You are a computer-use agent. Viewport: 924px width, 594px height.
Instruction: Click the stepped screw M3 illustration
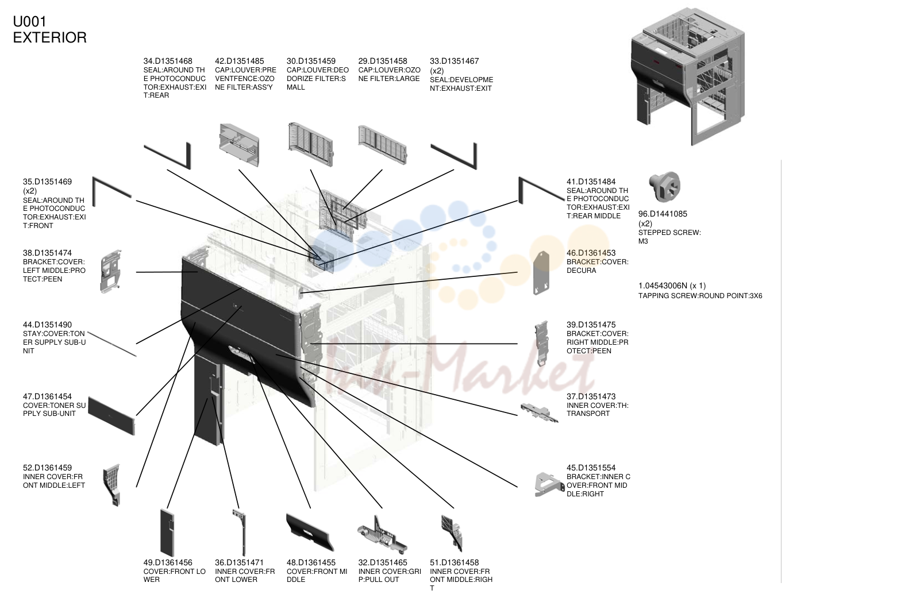point(664,187)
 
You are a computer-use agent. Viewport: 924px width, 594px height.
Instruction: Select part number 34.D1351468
point(168,61)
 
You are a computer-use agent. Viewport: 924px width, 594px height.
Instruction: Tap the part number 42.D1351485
point(239,61)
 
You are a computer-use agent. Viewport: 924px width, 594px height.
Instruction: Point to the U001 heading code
point(30,21)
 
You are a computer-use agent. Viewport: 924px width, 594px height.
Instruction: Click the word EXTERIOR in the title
point(50,37)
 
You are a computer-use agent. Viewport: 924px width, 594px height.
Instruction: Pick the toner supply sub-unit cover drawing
point(112,415)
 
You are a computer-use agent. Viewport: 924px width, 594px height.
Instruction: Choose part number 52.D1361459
point(48,468)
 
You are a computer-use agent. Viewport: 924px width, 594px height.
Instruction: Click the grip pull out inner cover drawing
point(382,534)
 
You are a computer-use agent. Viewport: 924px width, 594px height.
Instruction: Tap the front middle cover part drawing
point(310,532)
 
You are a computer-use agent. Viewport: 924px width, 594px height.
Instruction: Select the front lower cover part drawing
point(167,533)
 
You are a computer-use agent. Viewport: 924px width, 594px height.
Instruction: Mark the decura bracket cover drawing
point(542,273)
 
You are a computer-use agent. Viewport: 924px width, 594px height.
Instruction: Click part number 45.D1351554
point(591,468)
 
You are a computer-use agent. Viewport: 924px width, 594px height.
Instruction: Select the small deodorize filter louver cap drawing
point(311,144)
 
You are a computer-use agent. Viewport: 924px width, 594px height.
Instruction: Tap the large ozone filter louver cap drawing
point(383,145)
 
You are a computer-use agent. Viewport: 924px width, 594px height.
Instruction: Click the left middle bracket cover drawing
point(111,271)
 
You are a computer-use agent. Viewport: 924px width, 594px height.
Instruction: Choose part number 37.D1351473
point(591,396)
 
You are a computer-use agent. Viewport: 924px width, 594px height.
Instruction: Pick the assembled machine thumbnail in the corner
point(688,76)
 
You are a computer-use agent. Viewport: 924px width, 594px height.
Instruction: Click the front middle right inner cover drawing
point(452,533)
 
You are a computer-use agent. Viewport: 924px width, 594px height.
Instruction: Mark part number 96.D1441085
point(663,214)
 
